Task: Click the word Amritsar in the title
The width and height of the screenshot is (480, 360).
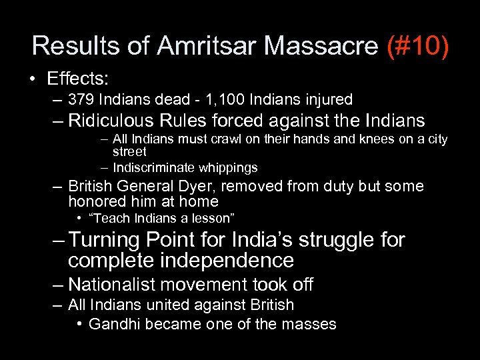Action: tap(207, 46)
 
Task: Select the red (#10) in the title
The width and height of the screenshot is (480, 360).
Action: tap(418, 46)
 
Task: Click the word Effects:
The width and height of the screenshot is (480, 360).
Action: tap(77, 79)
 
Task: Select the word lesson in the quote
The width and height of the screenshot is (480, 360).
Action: tap(217, 218)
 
